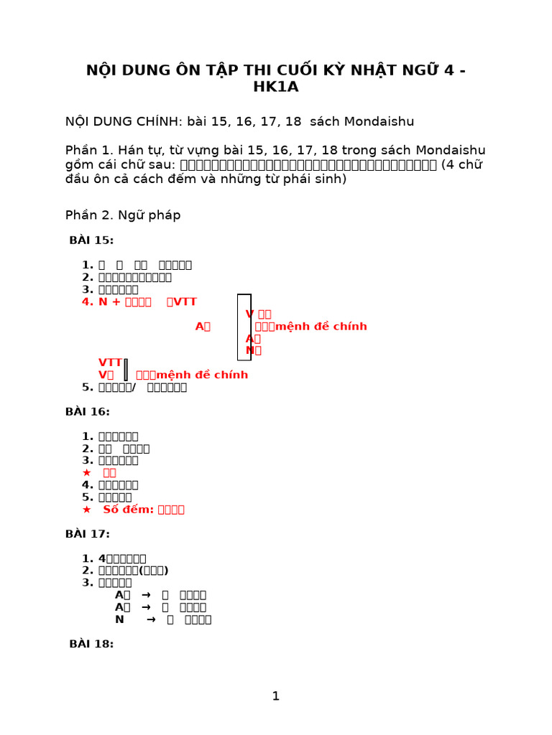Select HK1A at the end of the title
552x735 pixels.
(275, 87)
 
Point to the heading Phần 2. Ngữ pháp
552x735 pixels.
(123, 215)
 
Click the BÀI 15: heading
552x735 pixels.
(91, 240)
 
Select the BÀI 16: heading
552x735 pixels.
(87, 412)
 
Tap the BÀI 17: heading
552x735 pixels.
(87, 534)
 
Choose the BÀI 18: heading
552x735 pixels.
(91, 644)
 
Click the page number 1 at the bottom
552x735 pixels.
(275, 696)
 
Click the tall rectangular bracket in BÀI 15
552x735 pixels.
(244, 327)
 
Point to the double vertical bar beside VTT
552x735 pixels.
(126, 369)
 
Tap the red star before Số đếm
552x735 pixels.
(87, 510)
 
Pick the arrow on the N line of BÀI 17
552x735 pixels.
(151, 619)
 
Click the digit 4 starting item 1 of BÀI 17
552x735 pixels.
(101, 558)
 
